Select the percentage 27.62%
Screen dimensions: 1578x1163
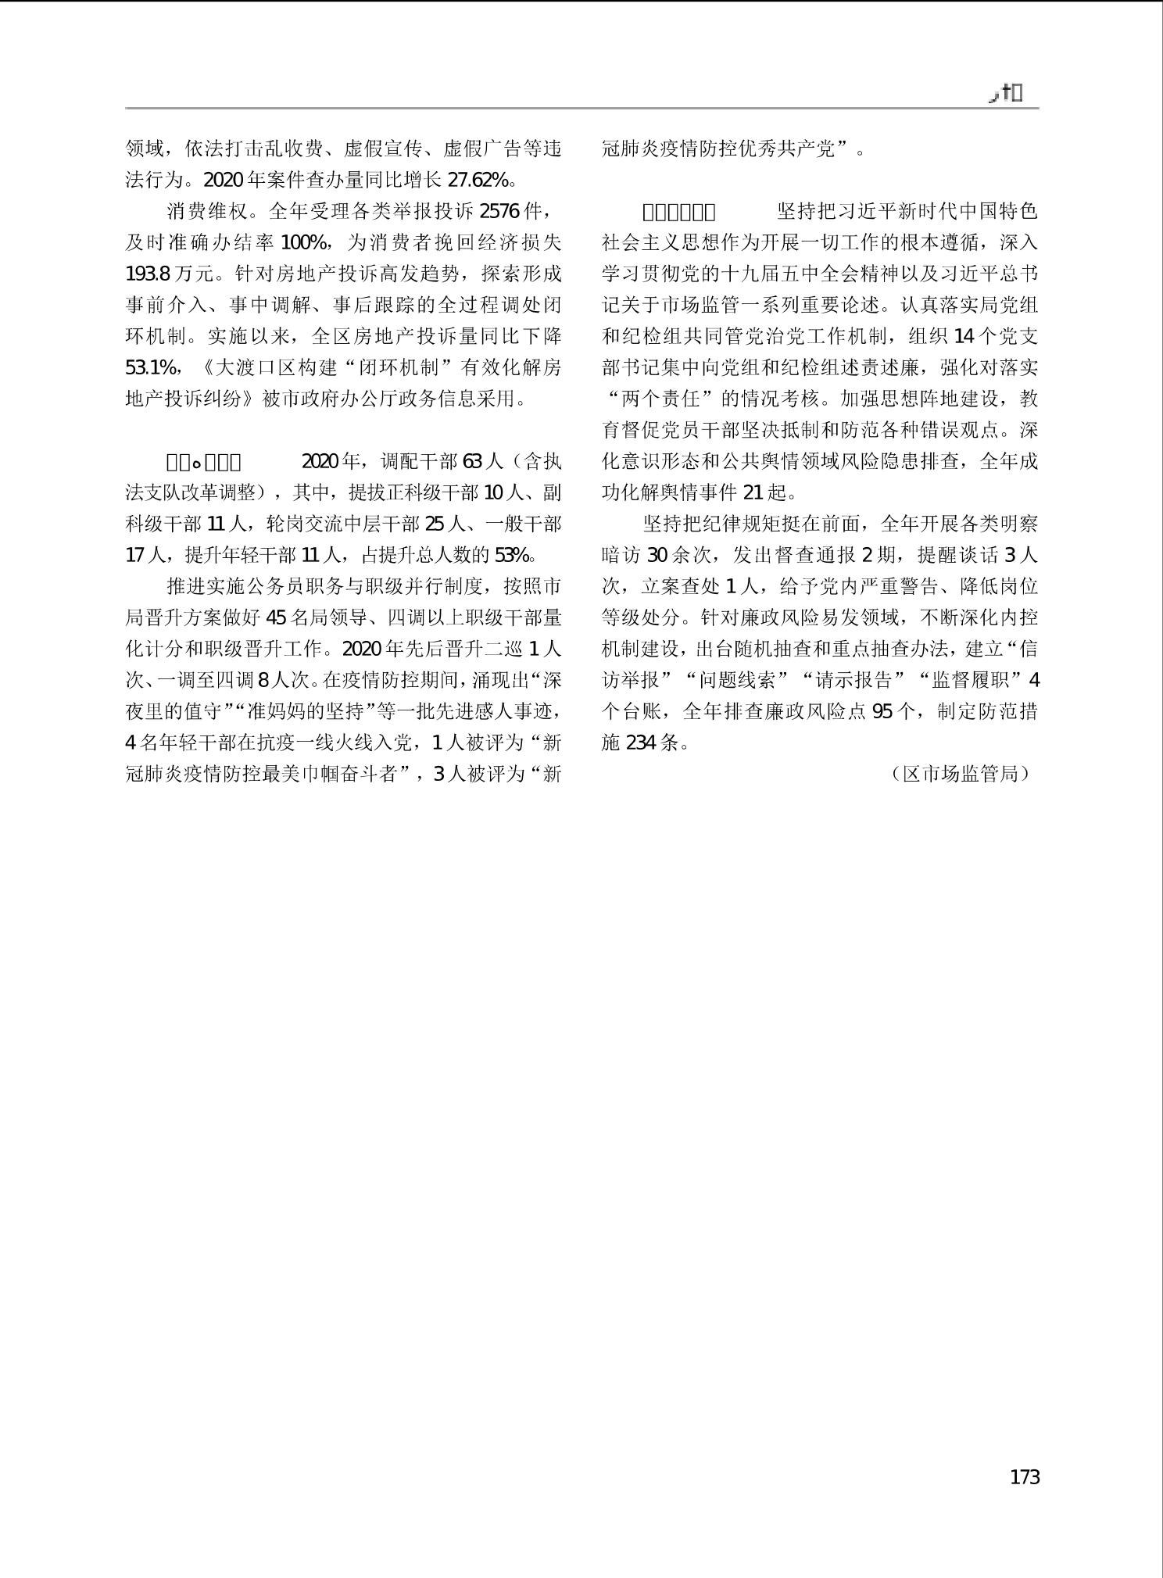478,181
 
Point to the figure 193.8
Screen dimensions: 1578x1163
148,274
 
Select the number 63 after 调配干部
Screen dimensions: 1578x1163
473,462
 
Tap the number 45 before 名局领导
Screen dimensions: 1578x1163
277,618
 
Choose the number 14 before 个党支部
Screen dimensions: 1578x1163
965,337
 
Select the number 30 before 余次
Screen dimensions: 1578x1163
658,556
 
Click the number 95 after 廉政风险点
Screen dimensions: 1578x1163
882,712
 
